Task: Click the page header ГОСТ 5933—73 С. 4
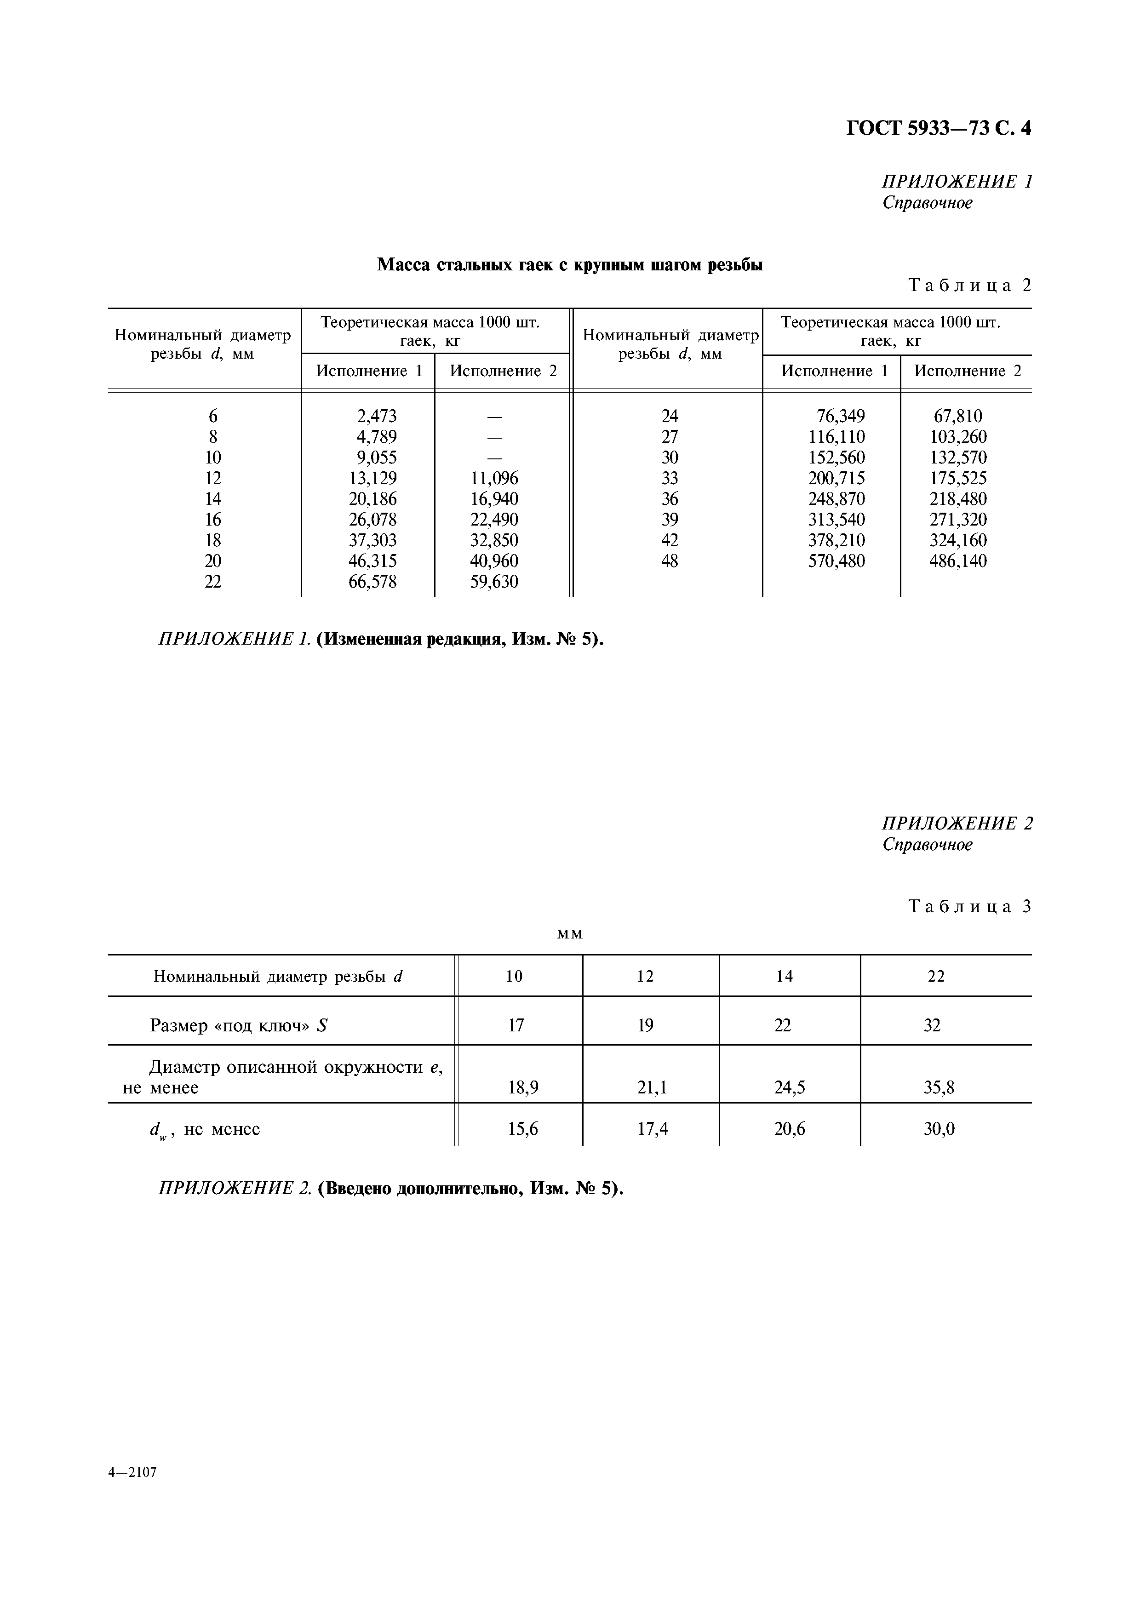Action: [939, 129]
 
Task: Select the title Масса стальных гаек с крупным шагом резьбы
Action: [570, 265]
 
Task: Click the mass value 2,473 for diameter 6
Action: [377, 416]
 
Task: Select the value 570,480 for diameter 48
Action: [836, 561]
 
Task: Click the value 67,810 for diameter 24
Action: [957, 416]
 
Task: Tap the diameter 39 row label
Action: [670, 520]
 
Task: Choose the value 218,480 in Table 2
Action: [957, 499]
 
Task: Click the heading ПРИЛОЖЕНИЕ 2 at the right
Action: [957, 824]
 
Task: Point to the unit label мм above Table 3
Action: [570, 934]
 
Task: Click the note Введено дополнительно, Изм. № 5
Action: [470, 1189]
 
